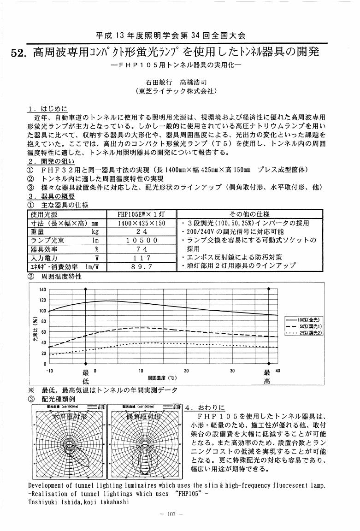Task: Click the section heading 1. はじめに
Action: [x=47, y=109]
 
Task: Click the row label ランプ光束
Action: [x=48, y=240]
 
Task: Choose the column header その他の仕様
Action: [x=249, y=214]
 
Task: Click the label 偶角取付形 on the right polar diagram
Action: [x=143, y=417]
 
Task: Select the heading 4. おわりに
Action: [x=205, y=408]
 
